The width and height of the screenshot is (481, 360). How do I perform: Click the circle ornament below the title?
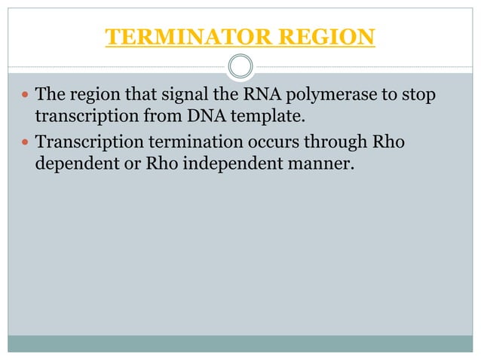click(240, 66)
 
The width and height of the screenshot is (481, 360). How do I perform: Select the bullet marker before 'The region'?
click(26, 96)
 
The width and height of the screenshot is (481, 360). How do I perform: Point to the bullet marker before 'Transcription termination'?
click(26, 142)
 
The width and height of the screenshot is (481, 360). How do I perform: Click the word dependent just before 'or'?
click(72, 163)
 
